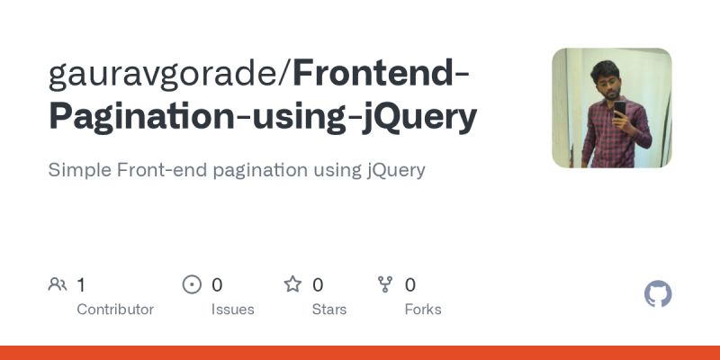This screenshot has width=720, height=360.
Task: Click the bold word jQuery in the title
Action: (418, 117)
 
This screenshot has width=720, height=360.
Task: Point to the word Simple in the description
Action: (78, 169)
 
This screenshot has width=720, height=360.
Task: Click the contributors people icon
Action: (58, 285)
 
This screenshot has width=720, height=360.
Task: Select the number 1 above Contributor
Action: (81, 285)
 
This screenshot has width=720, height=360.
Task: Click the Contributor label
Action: (115, 310)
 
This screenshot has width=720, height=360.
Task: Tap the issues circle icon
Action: (192, 285)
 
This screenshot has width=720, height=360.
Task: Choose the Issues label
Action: (233, 310)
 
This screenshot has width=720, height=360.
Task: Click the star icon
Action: (292, 285)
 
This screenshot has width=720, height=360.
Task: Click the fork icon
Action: (385, 285)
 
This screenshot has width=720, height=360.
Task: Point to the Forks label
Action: (423, 310)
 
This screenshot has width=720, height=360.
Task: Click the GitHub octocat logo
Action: (659, 294)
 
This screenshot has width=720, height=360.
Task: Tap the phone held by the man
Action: (619, 109)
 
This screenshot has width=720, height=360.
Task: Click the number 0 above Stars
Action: (318, 285)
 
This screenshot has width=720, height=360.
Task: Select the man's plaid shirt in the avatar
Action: (605, 139)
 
